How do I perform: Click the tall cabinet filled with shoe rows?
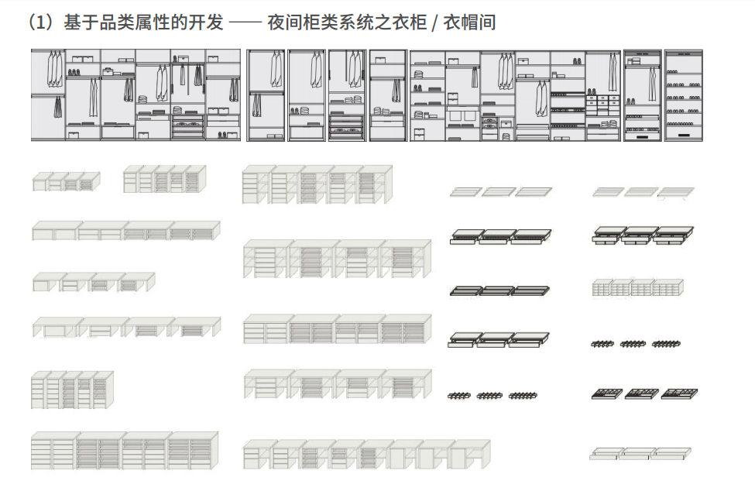[x=684, y=95]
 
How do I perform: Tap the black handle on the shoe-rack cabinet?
[x=684, y=136]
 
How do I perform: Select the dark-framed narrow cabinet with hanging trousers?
[x=266, y=95]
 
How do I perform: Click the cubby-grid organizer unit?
[x=637, y=287]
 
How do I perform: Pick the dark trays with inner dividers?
[x=643, y=393]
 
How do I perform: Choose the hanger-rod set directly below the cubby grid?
[x=636, y=342]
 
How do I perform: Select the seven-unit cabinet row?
[x=365, y=455]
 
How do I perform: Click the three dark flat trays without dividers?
[x=499, y=291]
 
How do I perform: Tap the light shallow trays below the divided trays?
[x=640, y=453]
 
